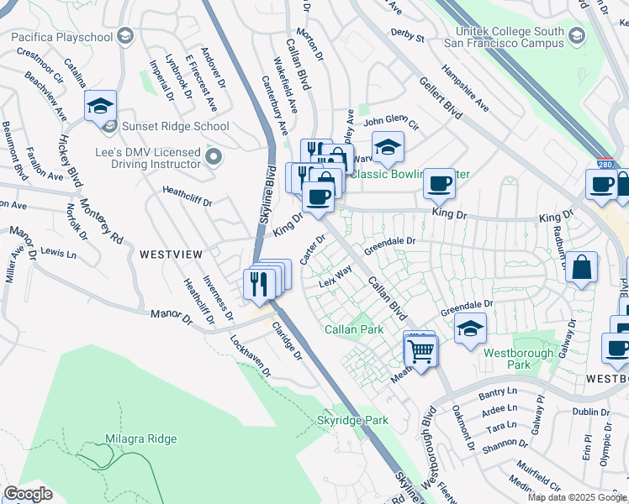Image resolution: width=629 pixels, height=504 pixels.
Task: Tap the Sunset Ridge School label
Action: [x=176, y=127]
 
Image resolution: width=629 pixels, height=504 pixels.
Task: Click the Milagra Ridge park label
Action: [x=141, y=438]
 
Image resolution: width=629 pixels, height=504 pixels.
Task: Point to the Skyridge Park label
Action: [x=352, y=419]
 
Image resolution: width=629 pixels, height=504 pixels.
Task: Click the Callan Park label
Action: [x=353, y=329]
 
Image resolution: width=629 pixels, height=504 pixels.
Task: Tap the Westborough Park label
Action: [x=519, y=359]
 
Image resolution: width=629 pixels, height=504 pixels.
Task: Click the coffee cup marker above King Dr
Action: [x=438, y=182]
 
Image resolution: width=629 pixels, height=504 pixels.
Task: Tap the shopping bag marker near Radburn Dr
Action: [x=581, y=269]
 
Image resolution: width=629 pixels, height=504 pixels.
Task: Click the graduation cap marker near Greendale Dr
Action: [x=471, y=329]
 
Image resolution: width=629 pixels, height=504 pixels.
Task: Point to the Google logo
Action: [x=28, y=494]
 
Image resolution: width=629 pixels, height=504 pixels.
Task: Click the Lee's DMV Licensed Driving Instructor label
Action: [x=147, y=158]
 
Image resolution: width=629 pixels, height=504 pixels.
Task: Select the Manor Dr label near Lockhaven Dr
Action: [x=172, y=315]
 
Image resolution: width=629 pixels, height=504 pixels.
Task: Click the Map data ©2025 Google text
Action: [x=577, y=497]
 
